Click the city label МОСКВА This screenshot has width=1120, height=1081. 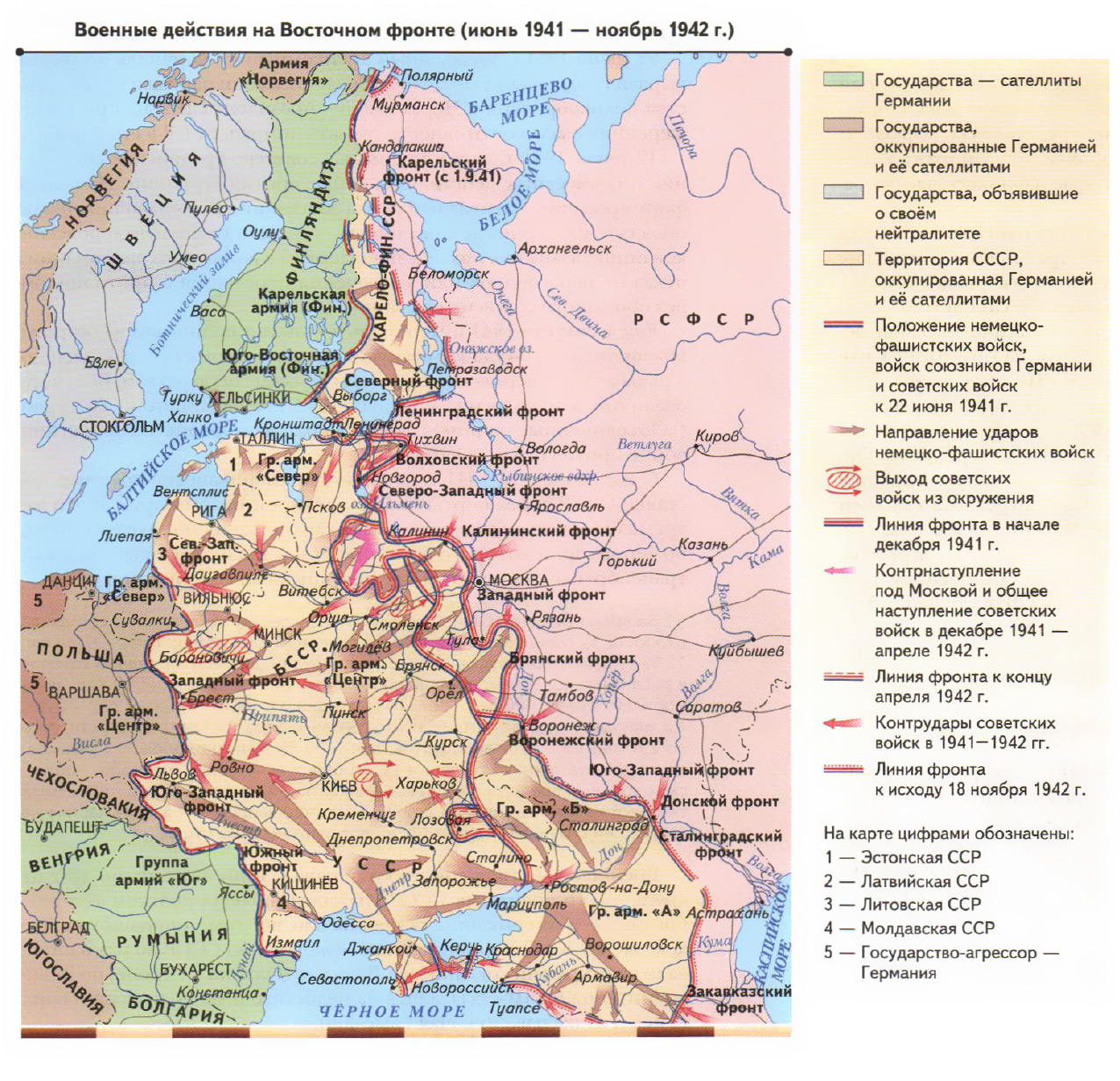tap(518, 580)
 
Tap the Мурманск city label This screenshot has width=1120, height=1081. tap(408, 104)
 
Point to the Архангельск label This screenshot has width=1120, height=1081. tap(564, 248)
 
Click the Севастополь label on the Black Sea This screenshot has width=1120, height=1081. tap(347, 978)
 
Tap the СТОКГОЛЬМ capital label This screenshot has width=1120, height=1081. tap(121, 426)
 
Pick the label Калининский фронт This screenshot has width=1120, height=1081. tap(539, 531)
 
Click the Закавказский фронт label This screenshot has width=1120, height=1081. tap(738, 999)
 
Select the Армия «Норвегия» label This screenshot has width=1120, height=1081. tap(284, 71)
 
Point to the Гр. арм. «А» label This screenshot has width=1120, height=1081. tap(634, 911)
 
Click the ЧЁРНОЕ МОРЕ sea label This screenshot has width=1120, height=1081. tap(391, 1011)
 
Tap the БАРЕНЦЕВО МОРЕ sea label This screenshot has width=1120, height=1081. tap(521, 100)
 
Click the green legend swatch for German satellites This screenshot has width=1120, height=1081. tap(843, 80)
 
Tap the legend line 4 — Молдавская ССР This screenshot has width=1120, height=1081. tap(908, 927)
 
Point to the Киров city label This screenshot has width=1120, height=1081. tap(716, 436)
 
